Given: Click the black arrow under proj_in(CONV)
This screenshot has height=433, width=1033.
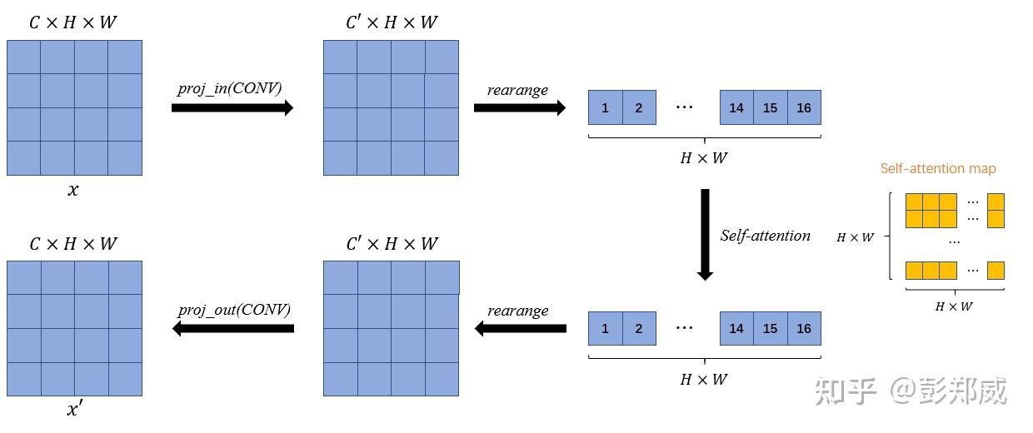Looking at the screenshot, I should [x=232, y=108].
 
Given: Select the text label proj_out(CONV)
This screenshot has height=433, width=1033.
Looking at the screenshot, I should [x=234, y=310].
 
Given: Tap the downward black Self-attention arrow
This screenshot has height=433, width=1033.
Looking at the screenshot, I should [x=705, y=234].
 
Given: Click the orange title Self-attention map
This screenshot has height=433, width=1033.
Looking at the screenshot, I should [x=938, y=169].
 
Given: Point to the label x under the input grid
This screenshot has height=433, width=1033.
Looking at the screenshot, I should [x=73, y=190].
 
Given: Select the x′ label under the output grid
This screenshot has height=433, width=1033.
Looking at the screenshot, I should [x=74, y=410].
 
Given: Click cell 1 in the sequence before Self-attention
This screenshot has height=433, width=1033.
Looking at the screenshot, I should [x=605, y=108].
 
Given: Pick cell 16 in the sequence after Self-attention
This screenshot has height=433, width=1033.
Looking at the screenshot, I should [x=804, y=329].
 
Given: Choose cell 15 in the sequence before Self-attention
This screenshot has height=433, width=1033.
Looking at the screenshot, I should [x=770, y=108].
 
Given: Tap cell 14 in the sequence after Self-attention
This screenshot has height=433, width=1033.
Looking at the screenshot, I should [x=736, y=329].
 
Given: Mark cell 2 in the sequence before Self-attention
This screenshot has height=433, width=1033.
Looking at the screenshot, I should [x=639, y=108].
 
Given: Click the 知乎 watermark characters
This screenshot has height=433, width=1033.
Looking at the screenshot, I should [x=846, y=391].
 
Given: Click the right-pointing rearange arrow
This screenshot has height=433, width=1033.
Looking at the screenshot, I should [x=520, y=108].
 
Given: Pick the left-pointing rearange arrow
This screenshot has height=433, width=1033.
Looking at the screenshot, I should [x=520, y=329].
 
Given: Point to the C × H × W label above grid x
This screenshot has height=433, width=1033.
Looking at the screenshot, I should [x=73, y=22].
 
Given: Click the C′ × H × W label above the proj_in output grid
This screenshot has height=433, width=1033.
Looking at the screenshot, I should [x=391, y=22].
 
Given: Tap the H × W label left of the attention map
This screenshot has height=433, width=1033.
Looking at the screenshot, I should [x=856, y=237].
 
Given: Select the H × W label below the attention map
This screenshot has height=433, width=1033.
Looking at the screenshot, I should [x=954, y=306].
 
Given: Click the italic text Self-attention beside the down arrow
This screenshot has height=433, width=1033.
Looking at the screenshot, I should [x=765, y=236].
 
